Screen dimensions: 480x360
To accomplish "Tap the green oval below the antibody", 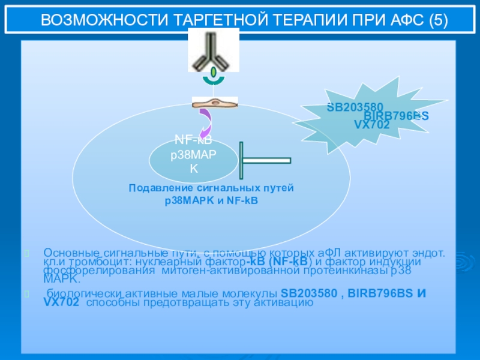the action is (x=214, y=73).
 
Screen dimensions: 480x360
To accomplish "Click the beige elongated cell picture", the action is (x=214, y=103).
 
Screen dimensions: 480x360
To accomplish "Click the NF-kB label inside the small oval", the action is (x=193, y=140).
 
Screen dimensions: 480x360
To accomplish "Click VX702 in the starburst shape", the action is (x=372, y=125).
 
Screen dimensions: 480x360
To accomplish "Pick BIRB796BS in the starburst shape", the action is (x=396, y=116).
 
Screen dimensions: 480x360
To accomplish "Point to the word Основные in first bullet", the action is (x=68, y=253).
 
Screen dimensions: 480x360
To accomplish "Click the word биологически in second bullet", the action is (x=83, y=294).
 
